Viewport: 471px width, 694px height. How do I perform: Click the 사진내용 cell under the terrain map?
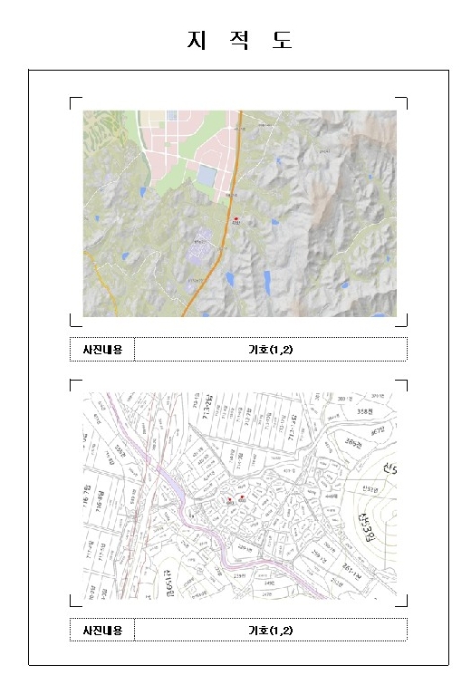coord(102,349)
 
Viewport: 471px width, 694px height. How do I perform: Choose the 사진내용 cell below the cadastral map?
coord(102,630)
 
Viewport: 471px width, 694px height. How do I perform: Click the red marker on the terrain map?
coord(236,217)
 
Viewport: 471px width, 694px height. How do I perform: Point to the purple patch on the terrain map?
coord(199,241)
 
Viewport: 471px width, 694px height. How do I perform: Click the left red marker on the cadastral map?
coord(230,498)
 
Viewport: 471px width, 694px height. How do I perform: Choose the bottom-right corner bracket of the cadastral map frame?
coord(403,601)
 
